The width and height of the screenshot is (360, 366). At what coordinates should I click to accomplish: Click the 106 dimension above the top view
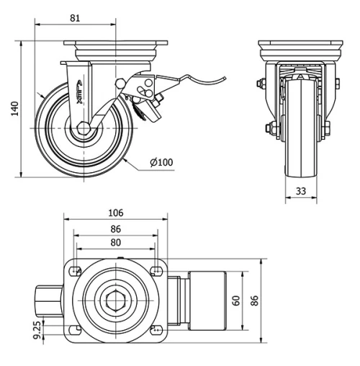[x=115, y=213]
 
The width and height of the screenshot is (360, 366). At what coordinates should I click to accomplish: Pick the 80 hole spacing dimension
[x=115, y=242]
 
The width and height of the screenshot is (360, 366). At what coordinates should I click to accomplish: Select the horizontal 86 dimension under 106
[x=115, y=228]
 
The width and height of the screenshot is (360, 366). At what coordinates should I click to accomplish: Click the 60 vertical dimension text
[x=236, y=300]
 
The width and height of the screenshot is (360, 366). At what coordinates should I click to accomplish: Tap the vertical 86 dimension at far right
[x=253, y=300]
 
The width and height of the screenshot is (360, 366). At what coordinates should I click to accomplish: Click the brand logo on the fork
[x=80, y=94]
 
